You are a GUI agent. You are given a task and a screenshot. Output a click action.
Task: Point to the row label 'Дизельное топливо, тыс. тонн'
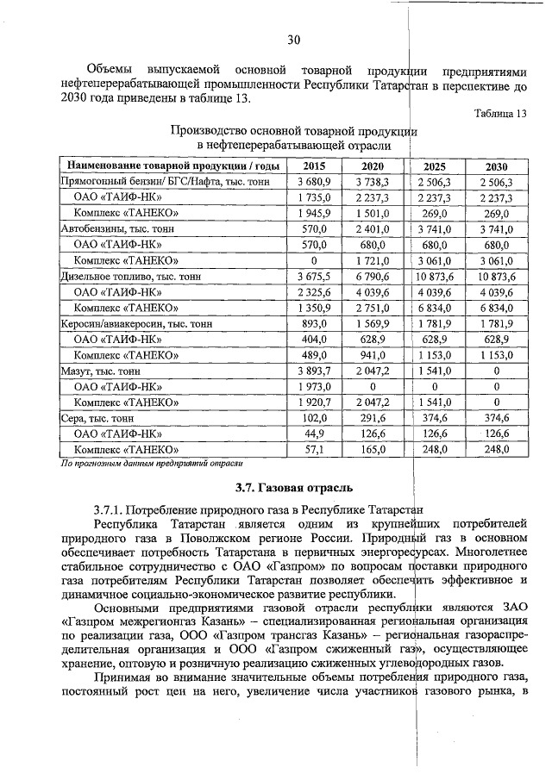pos(129,277)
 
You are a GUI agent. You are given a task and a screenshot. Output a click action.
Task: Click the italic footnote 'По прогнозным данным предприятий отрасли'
pos(154,464)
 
